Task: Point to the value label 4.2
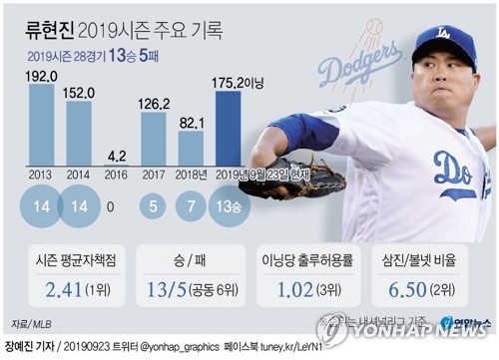point(116,155)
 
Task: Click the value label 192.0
point(42,74)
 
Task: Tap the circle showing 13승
point(228,206)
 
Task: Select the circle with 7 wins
point(191,206)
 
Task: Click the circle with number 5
point(154,206)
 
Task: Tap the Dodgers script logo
point(360,66)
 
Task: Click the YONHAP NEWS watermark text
point(419,332)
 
